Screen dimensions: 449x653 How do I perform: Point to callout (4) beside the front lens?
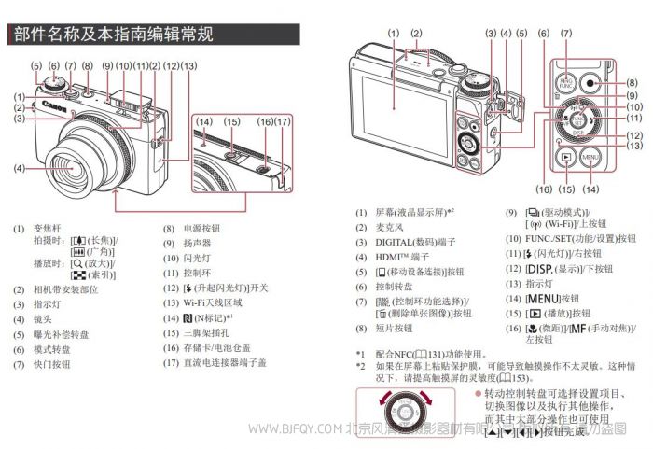point(19,169)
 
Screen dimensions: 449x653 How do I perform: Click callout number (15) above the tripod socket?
point(232,121)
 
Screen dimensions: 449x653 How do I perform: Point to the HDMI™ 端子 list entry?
point(402,257)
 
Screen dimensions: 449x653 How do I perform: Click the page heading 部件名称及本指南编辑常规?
point(111,35)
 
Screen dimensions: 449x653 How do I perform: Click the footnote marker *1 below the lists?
point(360,354)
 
